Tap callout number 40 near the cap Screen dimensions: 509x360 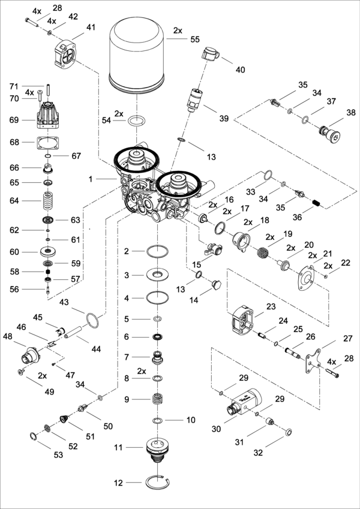(x=240, y=70)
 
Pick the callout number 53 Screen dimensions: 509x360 (x=58, y=455)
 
